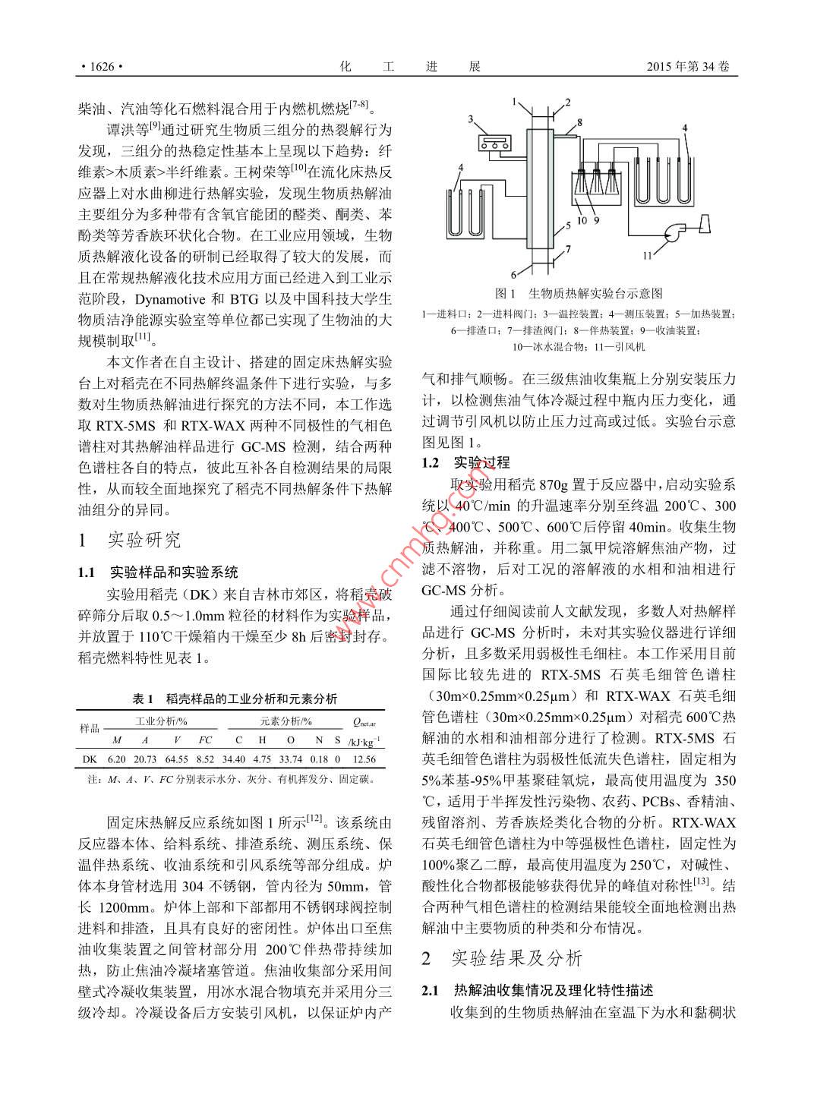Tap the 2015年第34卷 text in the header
(x=688, y=67)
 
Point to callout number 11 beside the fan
(x=647, y=256)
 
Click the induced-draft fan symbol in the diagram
(x=672, y=232)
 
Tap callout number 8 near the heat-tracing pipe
(x=579, y=121)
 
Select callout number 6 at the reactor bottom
(x=514, y=274)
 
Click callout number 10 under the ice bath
(x=582, y=221)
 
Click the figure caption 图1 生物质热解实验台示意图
(x=579, y=293)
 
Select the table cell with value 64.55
(x=176, y=758)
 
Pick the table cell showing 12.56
(x=364, y=758)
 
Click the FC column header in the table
(x=205, y=740)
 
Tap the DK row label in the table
(x=90, y=758)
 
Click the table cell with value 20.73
(x=144, y=758)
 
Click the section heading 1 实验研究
(x=130, y=540)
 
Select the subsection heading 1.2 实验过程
(x=465, y=462)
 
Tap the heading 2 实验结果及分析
(x=502, y=959)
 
